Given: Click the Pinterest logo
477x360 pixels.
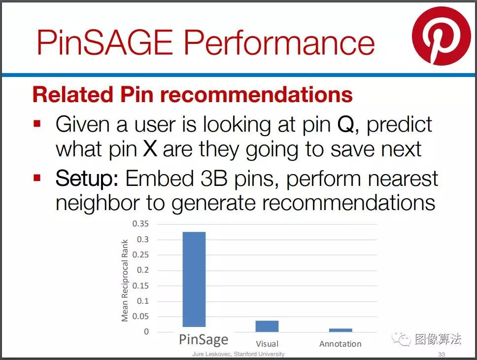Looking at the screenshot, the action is click(442, 36).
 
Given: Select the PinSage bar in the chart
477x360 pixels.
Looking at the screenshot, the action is click(194, 279).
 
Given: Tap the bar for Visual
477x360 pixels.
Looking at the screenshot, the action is click(267, 326).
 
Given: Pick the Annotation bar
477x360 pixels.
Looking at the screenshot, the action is click(341, 330).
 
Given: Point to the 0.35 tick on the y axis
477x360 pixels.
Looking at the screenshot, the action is click(140, 224).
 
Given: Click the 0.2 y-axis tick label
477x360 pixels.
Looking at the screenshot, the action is click(143, 270).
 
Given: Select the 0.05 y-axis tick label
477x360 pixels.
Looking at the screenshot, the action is click(140, 317).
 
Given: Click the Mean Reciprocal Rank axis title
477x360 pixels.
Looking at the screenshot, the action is click(125, 281).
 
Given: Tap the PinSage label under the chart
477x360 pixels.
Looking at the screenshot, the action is click(204, 339).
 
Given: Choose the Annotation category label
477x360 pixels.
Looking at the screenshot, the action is click(341, 344).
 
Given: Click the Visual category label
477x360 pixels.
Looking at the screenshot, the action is click(267, 344).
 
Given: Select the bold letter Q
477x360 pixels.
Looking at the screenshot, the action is click(346, 125).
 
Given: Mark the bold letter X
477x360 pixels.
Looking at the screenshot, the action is click(150, 148).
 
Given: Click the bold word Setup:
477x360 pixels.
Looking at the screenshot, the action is click(87, 179).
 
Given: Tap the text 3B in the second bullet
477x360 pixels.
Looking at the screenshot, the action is click(214, 178).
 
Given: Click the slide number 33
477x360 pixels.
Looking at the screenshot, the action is click(442, 354).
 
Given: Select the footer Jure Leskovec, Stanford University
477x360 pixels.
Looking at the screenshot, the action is click(238, 354).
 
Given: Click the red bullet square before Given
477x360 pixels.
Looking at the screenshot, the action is click(37, 124).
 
